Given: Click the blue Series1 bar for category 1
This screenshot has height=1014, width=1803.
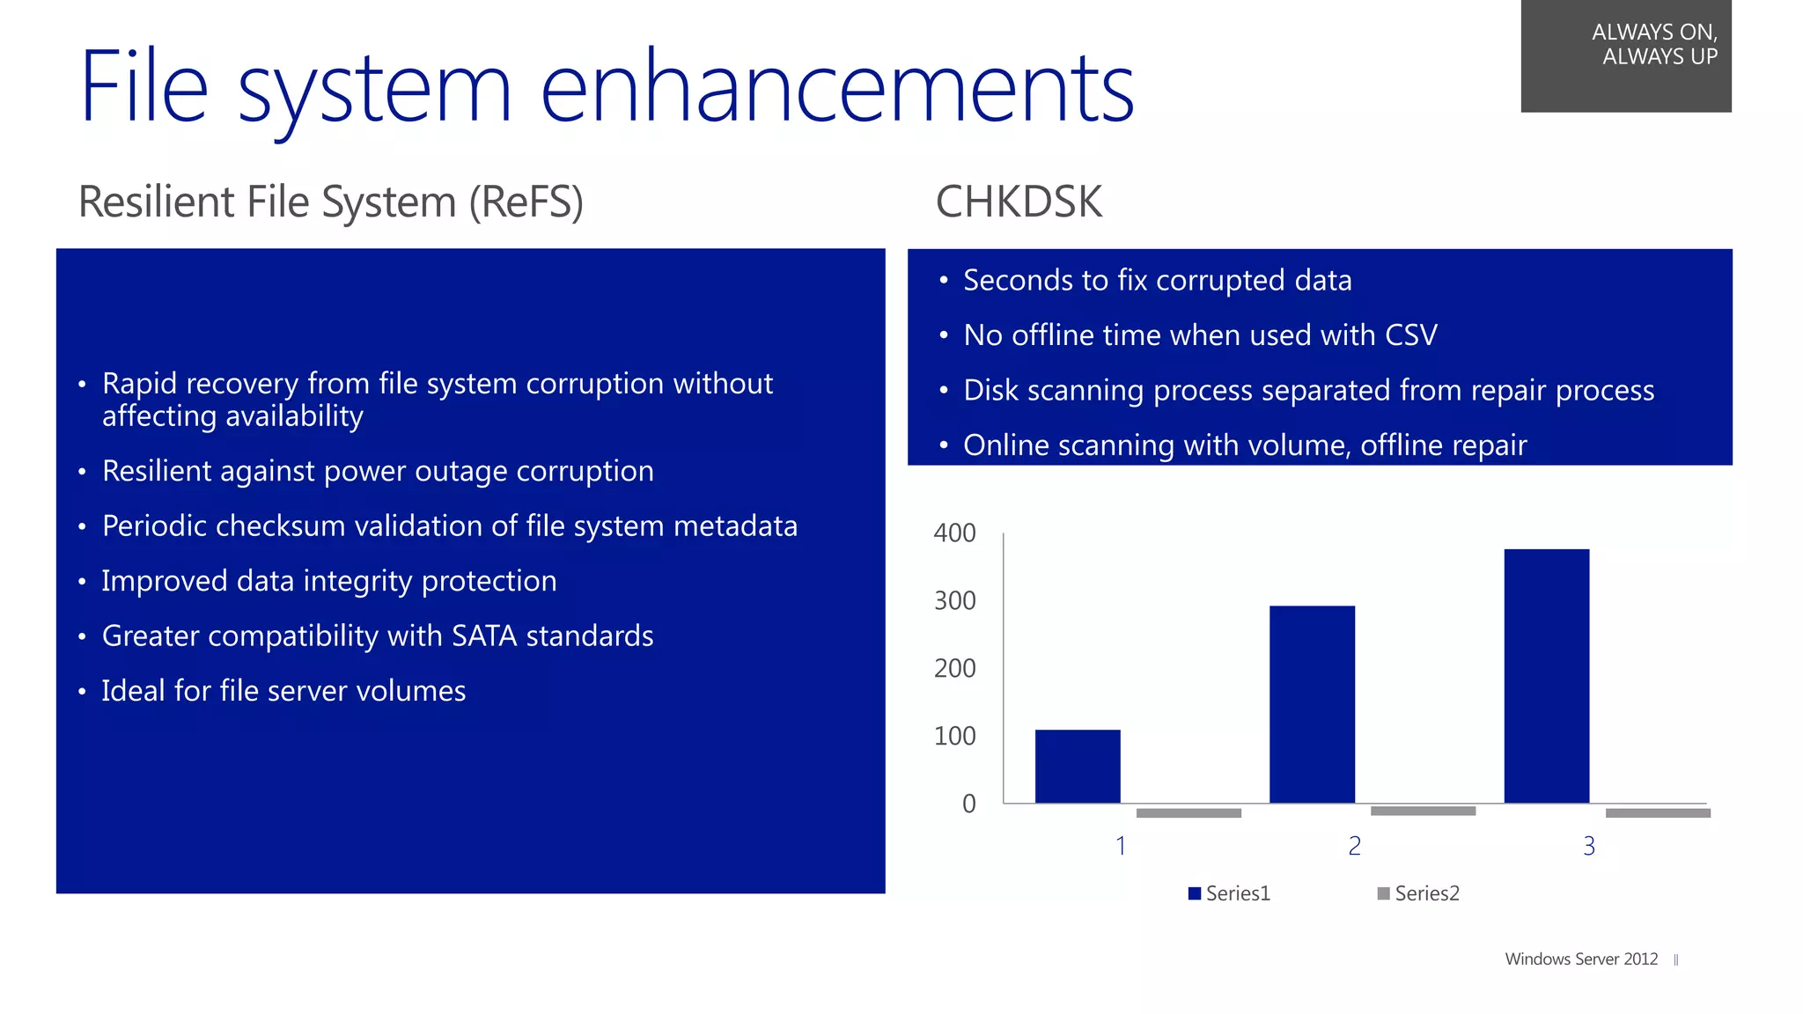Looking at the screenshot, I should click(1078, 766).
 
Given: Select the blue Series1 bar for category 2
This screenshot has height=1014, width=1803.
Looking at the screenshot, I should click(1312, 704).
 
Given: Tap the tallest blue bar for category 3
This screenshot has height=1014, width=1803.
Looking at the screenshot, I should click(1546, 676).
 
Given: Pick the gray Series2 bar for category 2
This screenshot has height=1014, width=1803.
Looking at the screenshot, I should click(1423, 811).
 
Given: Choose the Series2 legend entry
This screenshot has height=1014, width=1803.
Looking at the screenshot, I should click(1418, 893).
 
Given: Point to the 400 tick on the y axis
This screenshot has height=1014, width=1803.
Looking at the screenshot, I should click(954, 533).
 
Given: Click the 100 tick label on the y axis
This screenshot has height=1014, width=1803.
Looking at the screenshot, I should click(954, 736).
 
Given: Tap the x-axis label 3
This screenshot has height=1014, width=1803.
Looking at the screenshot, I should click(1588, 846).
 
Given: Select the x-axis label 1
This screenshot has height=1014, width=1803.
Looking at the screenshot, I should click(1120, 846).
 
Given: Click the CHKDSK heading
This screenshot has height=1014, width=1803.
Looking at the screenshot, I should click(1018, 202).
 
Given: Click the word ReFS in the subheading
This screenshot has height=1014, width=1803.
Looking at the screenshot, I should click(526, 202).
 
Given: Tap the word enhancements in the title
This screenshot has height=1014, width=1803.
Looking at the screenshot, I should click(836, 88).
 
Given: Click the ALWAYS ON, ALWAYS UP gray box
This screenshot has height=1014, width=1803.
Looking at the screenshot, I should click(1625, 55).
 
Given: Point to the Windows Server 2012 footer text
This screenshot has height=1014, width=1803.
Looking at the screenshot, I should click(1581, 959).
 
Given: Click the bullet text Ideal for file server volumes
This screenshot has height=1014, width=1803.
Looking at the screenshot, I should click(283, 691).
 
